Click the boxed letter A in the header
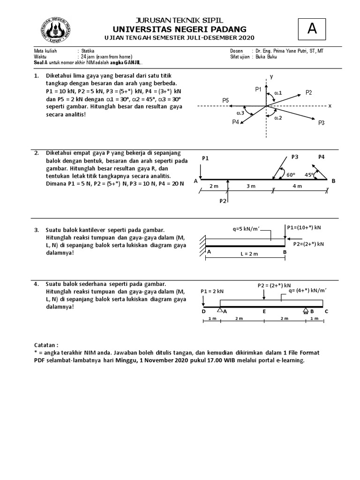(311, 29)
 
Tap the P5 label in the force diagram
(226, 100)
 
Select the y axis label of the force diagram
(271, 76)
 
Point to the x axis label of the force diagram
(330, 106)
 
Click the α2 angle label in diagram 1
(277, 118)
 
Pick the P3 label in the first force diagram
(321, 123)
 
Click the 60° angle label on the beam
(291, 174)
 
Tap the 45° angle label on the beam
(309, 174)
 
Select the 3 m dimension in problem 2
(251, 186)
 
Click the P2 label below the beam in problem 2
(224, 201)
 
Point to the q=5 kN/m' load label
(246, 230)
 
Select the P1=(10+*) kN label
(305, 228)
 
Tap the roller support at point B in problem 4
(305, 310)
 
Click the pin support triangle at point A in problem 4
(219, 309)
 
